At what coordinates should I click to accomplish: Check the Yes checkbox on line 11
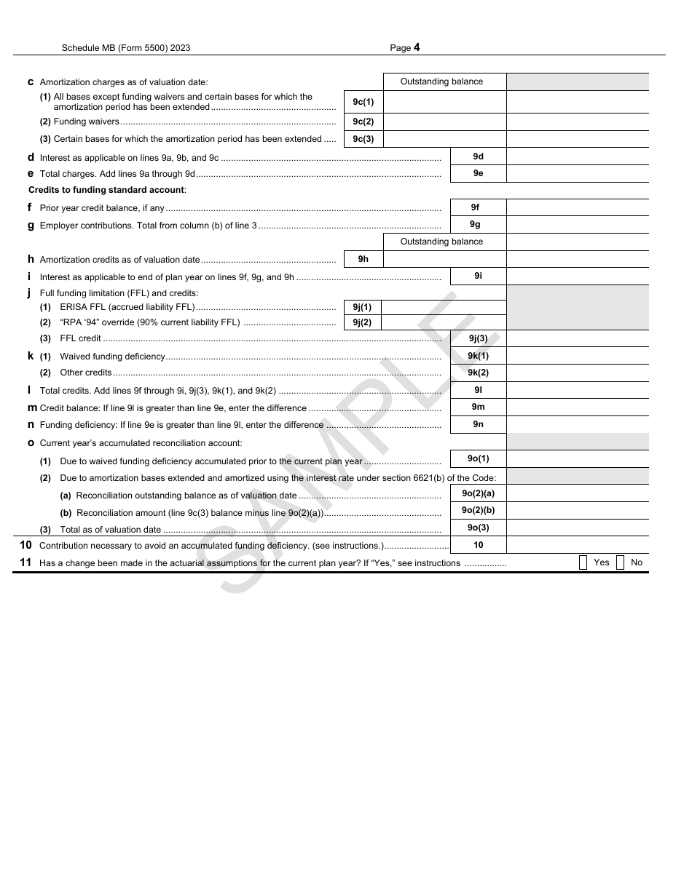583,562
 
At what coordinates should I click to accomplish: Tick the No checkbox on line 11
620,562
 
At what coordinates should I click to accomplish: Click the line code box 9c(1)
363,102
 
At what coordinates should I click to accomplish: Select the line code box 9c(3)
363,139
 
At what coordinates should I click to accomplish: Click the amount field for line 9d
577,156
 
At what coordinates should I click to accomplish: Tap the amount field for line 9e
577,174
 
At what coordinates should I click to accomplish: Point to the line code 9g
475,225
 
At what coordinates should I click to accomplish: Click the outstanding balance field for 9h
444,259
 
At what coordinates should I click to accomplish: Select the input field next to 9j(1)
443,307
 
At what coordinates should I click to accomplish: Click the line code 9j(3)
478,338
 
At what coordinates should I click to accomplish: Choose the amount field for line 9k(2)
577,373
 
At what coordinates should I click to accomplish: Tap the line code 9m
478,407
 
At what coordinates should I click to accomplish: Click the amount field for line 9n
577,424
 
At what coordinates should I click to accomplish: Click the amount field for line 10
577,545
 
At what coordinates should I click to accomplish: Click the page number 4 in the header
417,48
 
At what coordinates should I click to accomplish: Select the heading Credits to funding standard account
107,190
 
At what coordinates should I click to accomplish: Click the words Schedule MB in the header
87,48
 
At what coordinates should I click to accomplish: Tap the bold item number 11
25,562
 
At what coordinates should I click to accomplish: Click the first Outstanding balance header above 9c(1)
441,81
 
